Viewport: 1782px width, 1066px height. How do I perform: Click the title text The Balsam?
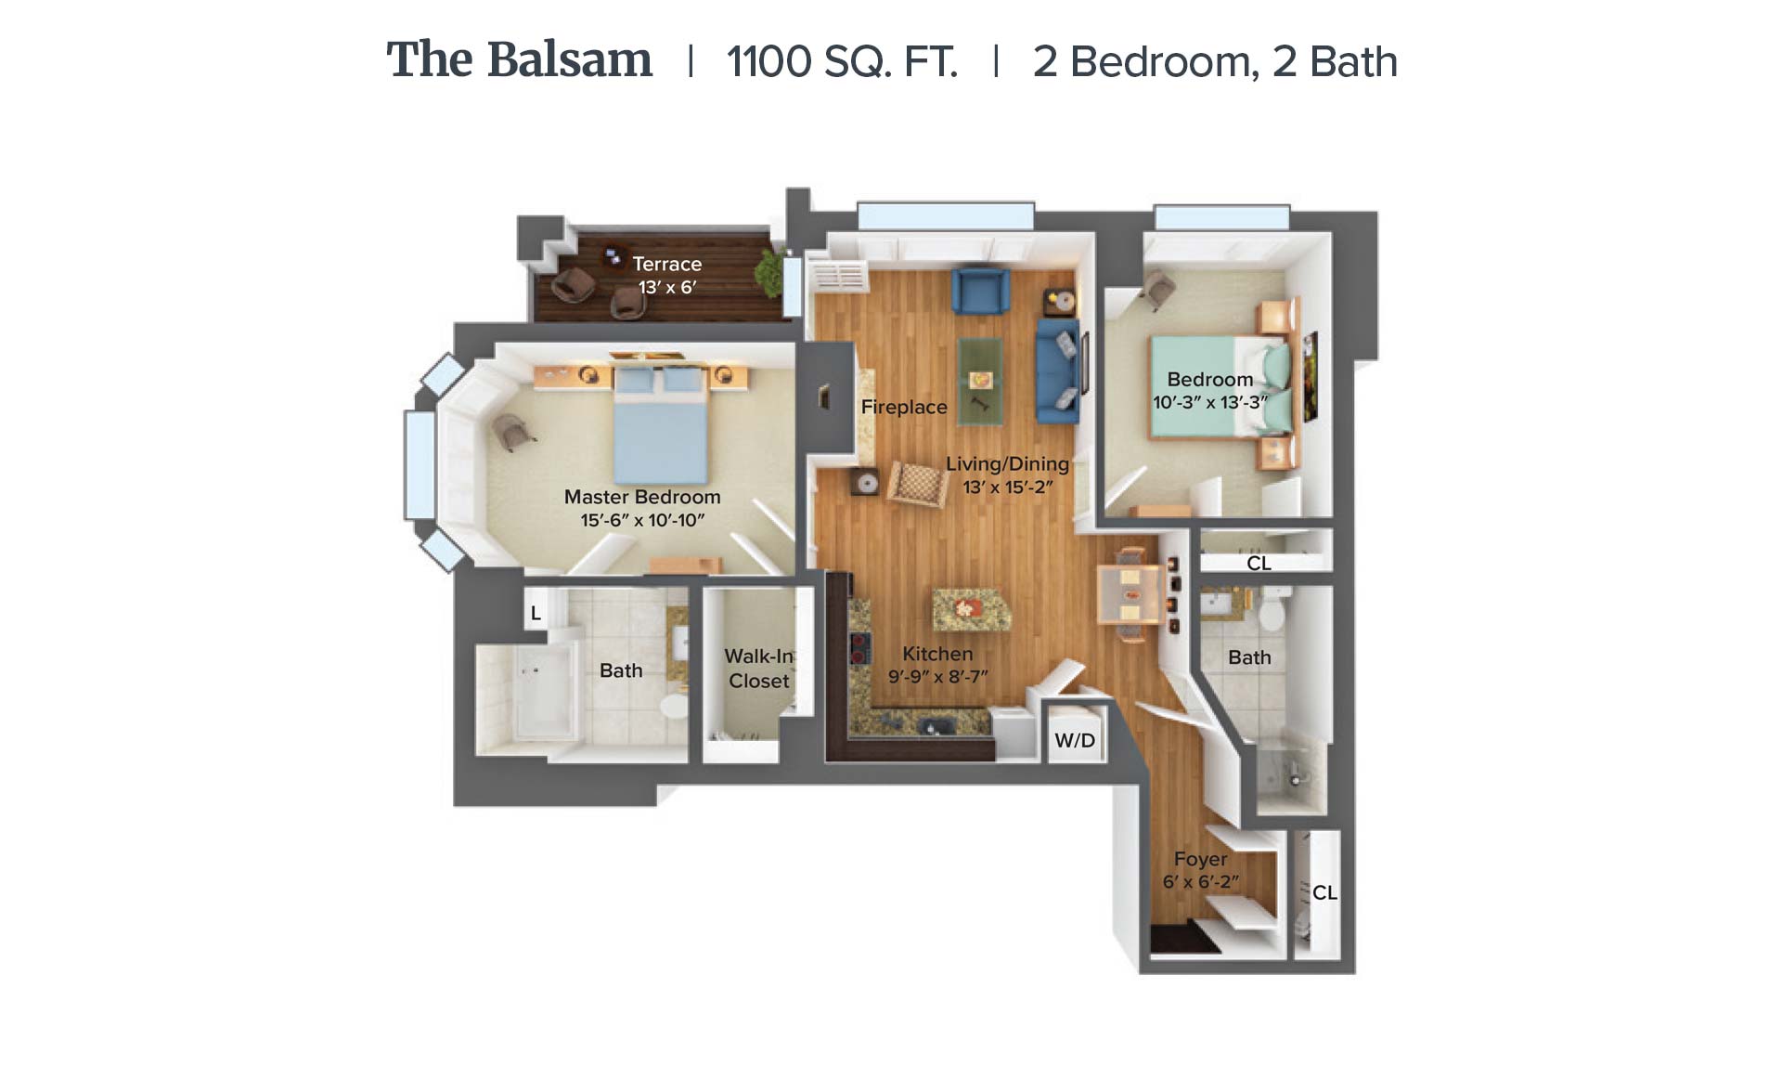519,60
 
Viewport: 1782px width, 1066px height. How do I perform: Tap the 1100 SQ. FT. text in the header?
842,62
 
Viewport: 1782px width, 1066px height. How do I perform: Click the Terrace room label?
667,264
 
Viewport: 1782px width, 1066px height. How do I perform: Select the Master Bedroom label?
642,497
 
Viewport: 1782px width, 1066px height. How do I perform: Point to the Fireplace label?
904,407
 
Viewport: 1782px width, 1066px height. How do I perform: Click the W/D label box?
1075,740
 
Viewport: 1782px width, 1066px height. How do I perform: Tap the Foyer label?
1200,859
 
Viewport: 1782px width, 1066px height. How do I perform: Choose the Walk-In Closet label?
759,669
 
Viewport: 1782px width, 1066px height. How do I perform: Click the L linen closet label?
536,613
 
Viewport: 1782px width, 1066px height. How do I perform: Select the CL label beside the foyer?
1324,892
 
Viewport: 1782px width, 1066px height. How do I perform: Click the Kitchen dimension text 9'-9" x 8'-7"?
937,677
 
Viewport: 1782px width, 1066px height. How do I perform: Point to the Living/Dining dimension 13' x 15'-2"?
1007,487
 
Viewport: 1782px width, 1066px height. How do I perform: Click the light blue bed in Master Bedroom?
661,423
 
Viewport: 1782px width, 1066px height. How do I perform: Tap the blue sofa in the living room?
1057,370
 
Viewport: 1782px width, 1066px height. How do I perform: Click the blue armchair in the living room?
980,290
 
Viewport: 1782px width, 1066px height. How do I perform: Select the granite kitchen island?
971,609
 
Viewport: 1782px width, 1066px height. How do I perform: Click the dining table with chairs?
1130,594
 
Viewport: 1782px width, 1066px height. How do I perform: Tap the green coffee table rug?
980,381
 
